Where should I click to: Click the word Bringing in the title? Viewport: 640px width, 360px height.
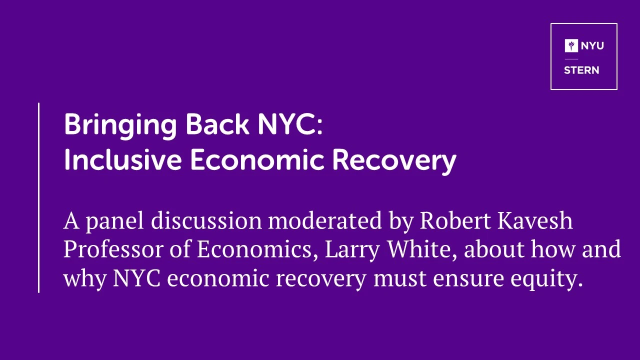pos(120,126)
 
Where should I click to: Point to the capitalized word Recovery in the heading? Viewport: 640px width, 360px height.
pos(394,161)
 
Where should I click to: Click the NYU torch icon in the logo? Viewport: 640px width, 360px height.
pos(571,45)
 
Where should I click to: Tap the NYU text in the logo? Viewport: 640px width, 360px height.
pos(592,45)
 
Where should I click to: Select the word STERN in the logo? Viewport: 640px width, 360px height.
pos(581,70)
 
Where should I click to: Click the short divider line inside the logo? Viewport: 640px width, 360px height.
pos(571,59)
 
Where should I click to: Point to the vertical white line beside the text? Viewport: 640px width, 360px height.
pos(38,197)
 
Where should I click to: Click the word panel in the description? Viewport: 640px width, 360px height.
pos(115,221)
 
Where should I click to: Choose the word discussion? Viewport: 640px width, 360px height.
pos(206,220)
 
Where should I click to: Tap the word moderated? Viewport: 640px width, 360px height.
pos(325,220)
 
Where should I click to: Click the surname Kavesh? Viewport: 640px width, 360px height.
pos(535,220)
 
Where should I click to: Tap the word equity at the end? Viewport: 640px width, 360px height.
pos(546,279)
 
